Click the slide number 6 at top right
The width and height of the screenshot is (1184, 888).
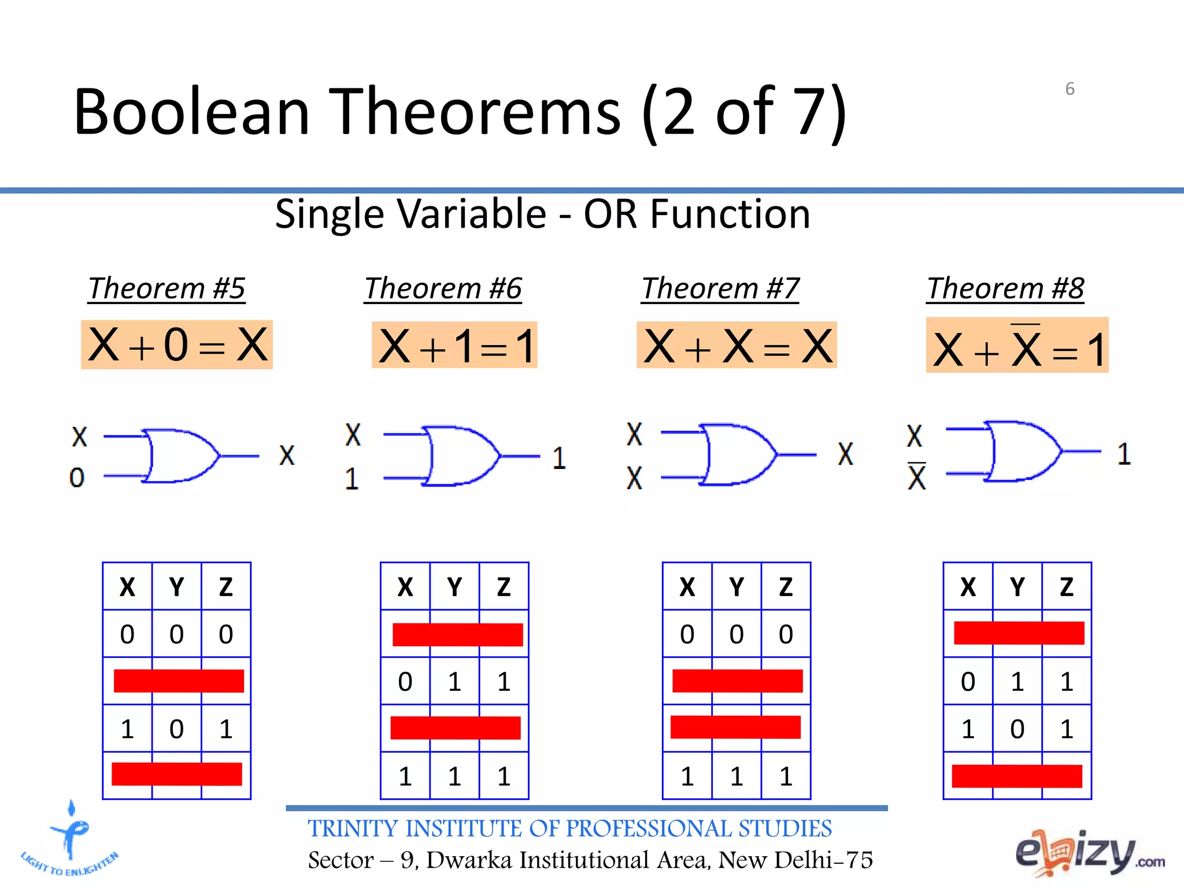(1070, 89)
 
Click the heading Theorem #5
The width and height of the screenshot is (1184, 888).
(166, 288)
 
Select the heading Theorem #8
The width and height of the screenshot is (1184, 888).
(1005, 288)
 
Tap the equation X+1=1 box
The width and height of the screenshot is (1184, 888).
(454, 345)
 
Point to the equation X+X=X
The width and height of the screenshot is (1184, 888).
(737, 346)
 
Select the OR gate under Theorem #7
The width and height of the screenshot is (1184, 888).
(738, 454)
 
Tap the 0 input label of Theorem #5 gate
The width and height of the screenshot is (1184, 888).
(77, 478)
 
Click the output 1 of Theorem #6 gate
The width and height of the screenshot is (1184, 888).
(558, 458)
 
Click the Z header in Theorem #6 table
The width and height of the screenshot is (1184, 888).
(504, 587)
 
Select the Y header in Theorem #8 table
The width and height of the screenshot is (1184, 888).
(1017, 587)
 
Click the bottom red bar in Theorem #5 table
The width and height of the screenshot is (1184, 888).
(177, 774)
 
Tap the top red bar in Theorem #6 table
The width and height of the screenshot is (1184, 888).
(457, 634)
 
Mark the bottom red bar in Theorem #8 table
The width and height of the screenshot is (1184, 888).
(1017, 776)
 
